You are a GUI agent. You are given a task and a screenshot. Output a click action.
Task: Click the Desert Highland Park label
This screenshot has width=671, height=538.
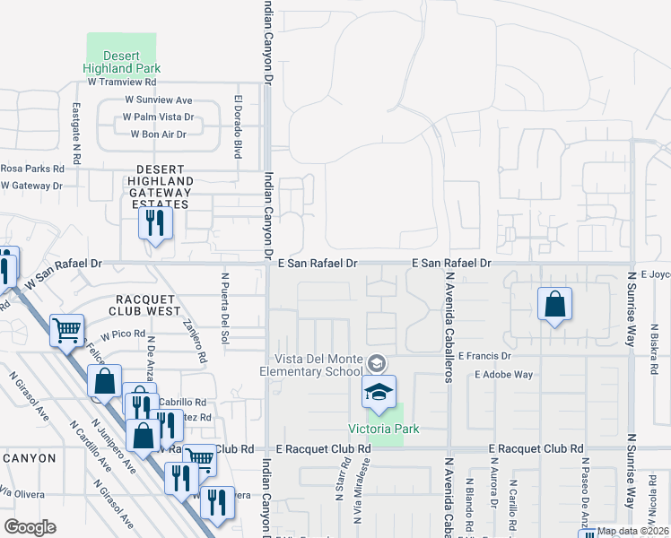121,61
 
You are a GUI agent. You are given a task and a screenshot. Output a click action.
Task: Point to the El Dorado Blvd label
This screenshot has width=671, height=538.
239,126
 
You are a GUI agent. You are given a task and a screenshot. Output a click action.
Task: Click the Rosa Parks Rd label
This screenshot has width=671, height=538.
32,168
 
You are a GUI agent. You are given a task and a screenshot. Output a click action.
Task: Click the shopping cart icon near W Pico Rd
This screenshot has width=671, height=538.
66,332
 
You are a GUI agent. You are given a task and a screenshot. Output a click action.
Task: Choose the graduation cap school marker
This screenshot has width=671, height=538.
379,391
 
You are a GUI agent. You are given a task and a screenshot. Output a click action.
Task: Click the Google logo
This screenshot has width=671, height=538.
30,527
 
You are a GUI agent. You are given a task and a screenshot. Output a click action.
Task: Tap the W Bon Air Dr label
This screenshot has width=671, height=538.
158,134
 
